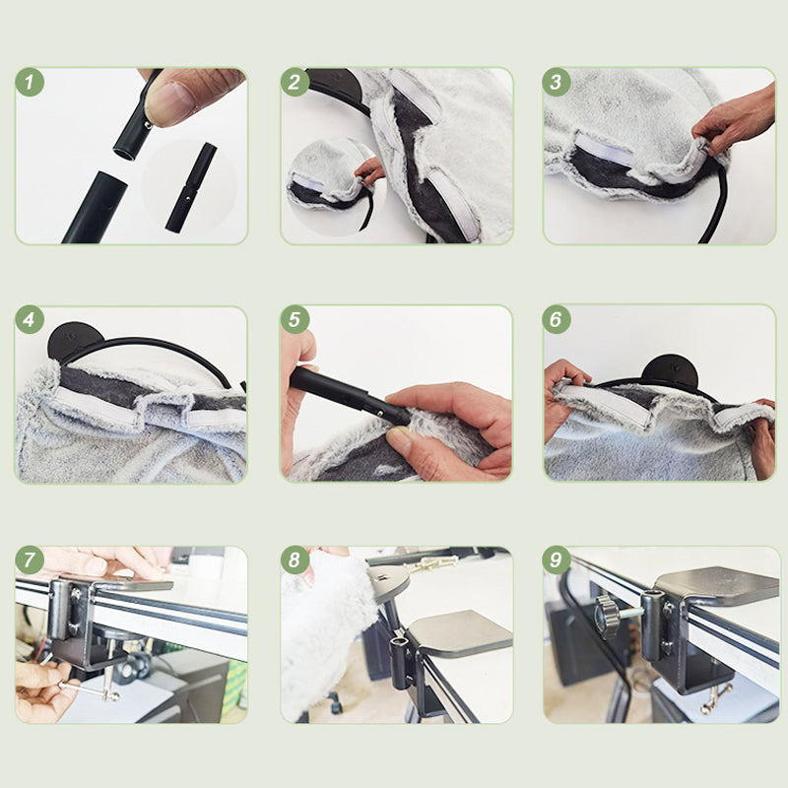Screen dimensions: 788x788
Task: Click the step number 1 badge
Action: [30, 82]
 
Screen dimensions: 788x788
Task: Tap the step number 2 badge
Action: [295, 82]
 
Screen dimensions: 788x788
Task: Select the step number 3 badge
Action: [556, 82]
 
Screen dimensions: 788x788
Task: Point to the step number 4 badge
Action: [30, 319]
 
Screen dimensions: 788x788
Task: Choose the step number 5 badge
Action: [295, 319]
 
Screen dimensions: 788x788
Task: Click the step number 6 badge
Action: [556, 319]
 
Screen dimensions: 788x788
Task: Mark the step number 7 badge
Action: [30, 559]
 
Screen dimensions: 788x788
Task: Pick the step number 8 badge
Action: [295, 559]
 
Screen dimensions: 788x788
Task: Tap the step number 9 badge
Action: [556, 559]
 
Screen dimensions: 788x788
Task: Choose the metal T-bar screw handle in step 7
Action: [89, 689]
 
